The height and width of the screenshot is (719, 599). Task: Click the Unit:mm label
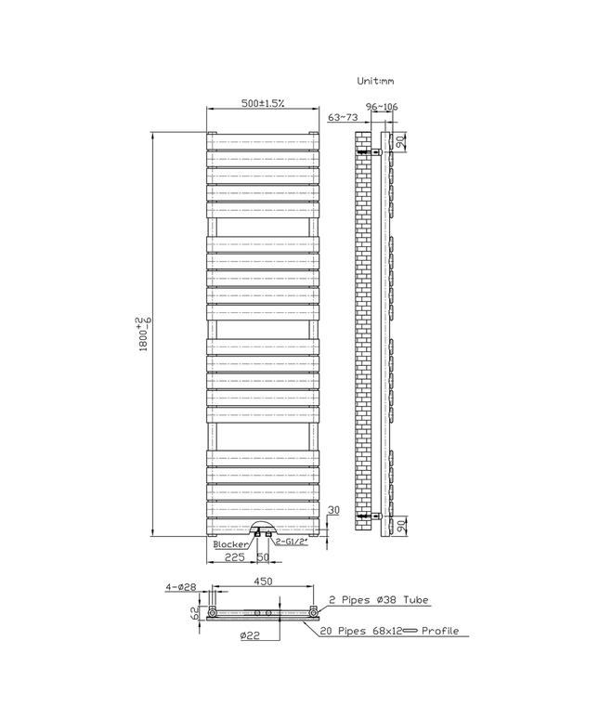tap(376, 82)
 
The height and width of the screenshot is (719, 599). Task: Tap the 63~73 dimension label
tap(343, 117)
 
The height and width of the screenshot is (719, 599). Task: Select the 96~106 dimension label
tap(382, 108)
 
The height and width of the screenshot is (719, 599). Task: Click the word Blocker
tap(231, 545)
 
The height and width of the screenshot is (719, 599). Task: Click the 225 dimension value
tap(234, 558)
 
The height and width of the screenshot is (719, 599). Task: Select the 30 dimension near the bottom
tap(333, 511)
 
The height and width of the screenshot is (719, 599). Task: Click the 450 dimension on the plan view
tap(263, 582)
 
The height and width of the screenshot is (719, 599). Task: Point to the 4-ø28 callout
tap(180, 586)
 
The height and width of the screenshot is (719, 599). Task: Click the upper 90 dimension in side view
tap(400, 142)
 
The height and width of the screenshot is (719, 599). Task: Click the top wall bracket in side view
tap(373, 149)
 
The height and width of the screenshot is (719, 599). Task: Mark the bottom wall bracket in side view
tap(373, 513)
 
